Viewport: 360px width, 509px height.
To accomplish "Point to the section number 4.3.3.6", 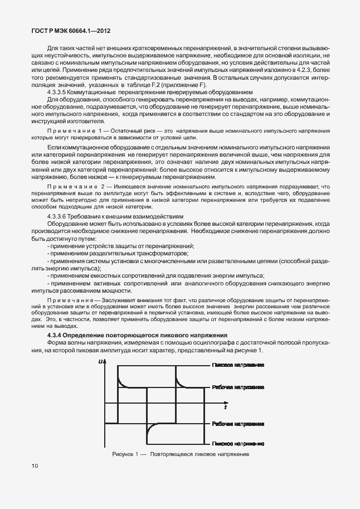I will pyautogui.click(x=59, y=216).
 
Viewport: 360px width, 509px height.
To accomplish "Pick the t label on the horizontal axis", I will pyautogui.click(x=225, y=408).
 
